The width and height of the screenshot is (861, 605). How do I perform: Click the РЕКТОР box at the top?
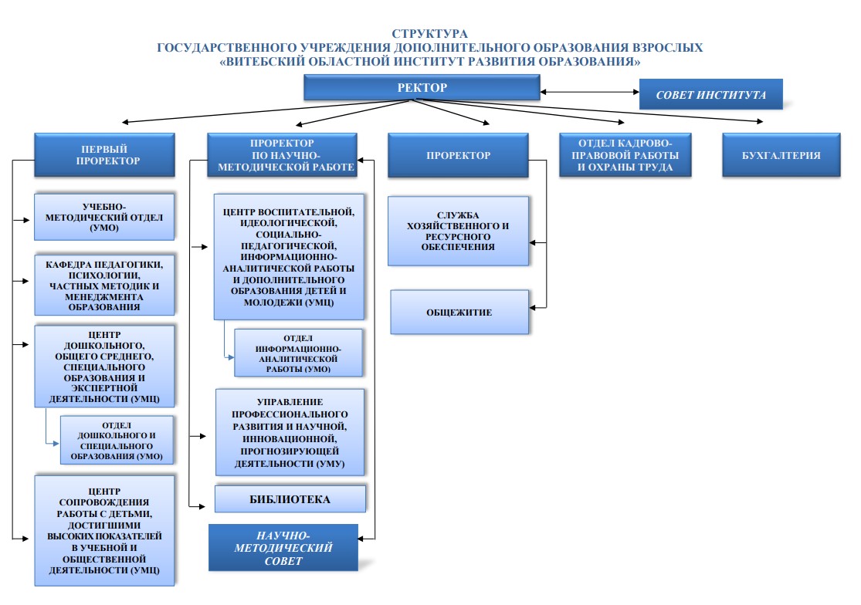[x=422, y=88]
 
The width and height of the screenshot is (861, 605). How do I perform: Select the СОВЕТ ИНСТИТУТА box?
[x=710, y=95]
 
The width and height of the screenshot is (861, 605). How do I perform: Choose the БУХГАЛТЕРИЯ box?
[x=781, y=155]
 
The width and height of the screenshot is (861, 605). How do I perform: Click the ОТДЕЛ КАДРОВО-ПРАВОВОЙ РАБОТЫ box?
[x=625, y=155]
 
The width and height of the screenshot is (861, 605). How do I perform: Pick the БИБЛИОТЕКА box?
[x=290, y=499]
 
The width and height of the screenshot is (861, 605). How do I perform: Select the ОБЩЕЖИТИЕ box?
[x=459, y=313]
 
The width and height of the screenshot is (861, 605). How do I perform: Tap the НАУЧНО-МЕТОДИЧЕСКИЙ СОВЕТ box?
[x=283, y=548]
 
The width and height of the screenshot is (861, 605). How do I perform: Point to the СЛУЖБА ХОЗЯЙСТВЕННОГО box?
[x=459, y=231]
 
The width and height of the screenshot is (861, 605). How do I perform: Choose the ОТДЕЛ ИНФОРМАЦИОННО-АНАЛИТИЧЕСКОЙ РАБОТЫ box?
[x=297, y=353]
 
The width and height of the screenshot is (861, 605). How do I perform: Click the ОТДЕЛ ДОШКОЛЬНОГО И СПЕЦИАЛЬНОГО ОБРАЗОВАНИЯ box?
[x=117, y=441]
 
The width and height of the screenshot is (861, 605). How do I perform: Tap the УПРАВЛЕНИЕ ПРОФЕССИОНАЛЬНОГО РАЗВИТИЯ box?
[x=290, y=432]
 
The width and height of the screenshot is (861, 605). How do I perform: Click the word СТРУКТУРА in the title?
[x=429, y=34]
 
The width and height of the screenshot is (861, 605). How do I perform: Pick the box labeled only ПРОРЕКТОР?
[x=458, y=155]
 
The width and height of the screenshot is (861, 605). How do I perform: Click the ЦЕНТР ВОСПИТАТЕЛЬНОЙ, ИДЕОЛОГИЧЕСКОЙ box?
[x=288, y=257]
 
